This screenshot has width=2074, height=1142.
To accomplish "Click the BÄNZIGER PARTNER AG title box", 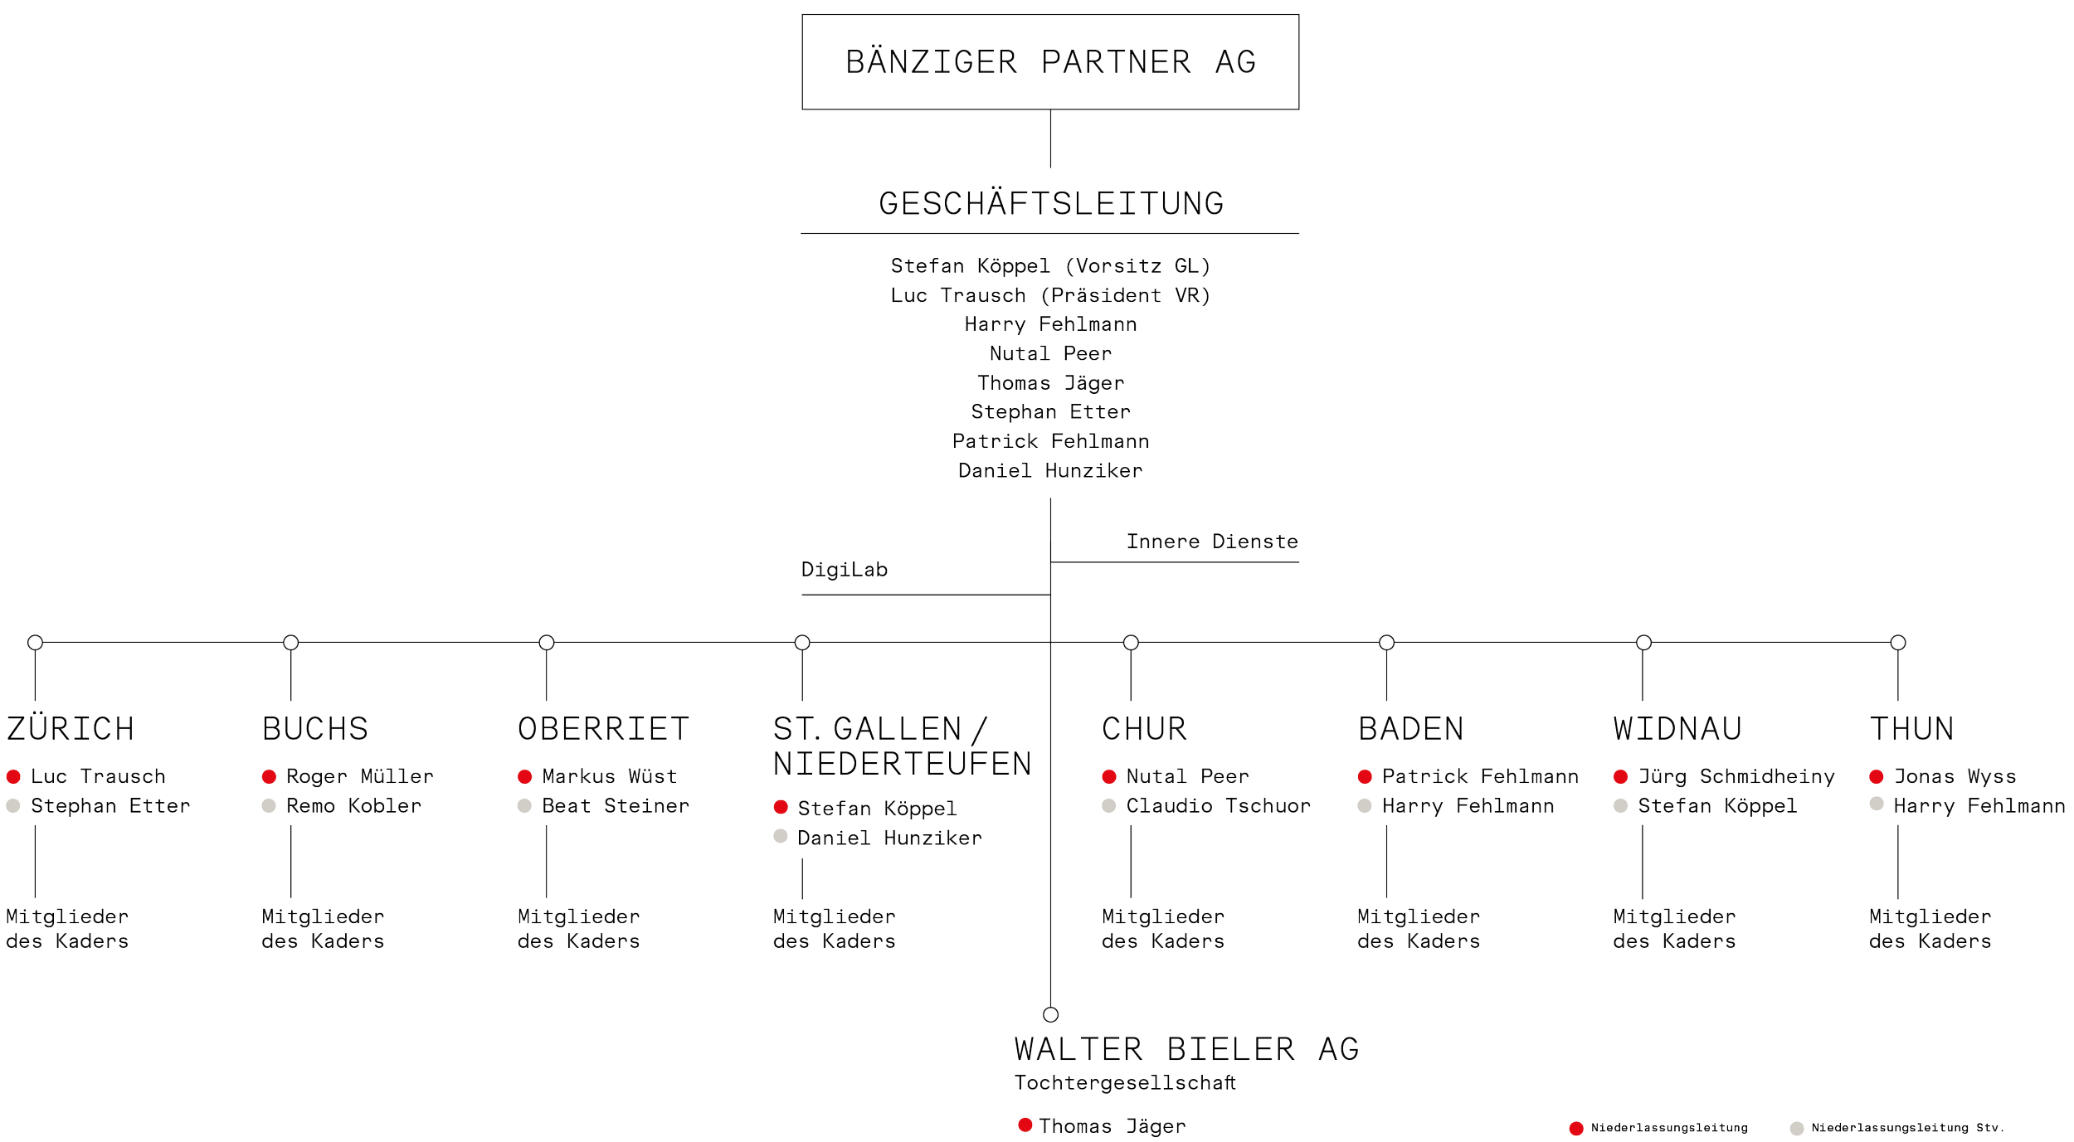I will coord(1050,62).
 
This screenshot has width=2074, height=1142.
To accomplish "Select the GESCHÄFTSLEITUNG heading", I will coord(1050,203).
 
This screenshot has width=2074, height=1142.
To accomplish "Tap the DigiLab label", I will coord(845,570).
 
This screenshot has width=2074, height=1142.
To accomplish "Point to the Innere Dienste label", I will coord(1212,542).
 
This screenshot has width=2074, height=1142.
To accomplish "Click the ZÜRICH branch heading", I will coord(69,728).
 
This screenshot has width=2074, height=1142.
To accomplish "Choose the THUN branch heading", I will coord(1911,728).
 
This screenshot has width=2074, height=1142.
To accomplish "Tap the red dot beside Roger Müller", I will coord(269,777).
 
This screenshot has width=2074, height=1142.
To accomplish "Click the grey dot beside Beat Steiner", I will coord(524,806).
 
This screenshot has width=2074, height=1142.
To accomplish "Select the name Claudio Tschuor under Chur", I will coord(1218,806).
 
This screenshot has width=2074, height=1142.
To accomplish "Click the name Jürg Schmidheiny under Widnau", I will coord(1736,777).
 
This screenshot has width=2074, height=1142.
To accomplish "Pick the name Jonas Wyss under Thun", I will coord(1955,777).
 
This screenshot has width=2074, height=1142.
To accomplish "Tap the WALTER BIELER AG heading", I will coord(1186,1049).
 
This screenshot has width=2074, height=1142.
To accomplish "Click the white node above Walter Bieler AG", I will coord(1051,1015).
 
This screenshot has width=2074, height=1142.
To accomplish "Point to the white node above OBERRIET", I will coord(546,642).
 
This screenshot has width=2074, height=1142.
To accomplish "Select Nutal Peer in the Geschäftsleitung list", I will coord(1050,354).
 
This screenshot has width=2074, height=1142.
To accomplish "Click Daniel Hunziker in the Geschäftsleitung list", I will coord(1050,471).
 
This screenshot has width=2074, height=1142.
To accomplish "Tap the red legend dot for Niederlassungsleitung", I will coord(1576,1128).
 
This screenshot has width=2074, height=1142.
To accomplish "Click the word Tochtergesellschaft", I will coord(1126,1083).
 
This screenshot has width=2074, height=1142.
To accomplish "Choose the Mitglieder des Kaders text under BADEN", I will coord(1419,929).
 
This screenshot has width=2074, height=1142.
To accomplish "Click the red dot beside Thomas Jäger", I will coord(1025,1125).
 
